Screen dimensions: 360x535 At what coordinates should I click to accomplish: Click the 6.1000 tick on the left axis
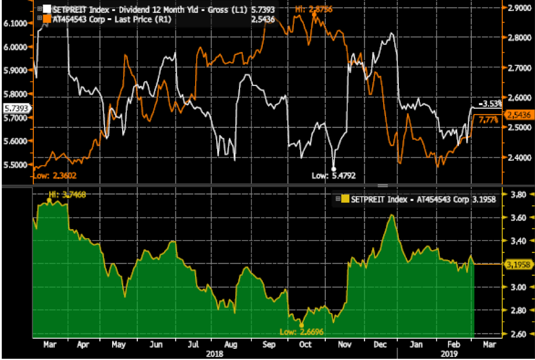click(x=16, y=23)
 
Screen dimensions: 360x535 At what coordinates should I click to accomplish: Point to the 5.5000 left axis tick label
click(x=16, y=165)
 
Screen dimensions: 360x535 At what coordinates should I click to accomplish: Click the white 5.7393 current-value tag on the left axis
click(x=15, y=108)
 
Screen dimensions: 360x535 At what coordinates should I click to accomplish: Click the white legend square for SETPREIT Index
click(x=47, y=10)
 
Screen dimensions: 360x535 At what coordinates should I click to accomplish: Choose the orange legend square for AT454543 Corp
click(x=47, y=19)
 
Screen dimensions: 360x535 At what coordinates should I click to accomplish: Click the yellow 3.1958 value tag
click(x=517, y=264)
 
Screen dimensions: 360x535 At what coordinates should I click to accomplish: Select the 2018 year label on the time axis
click(x=211, y=354)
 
